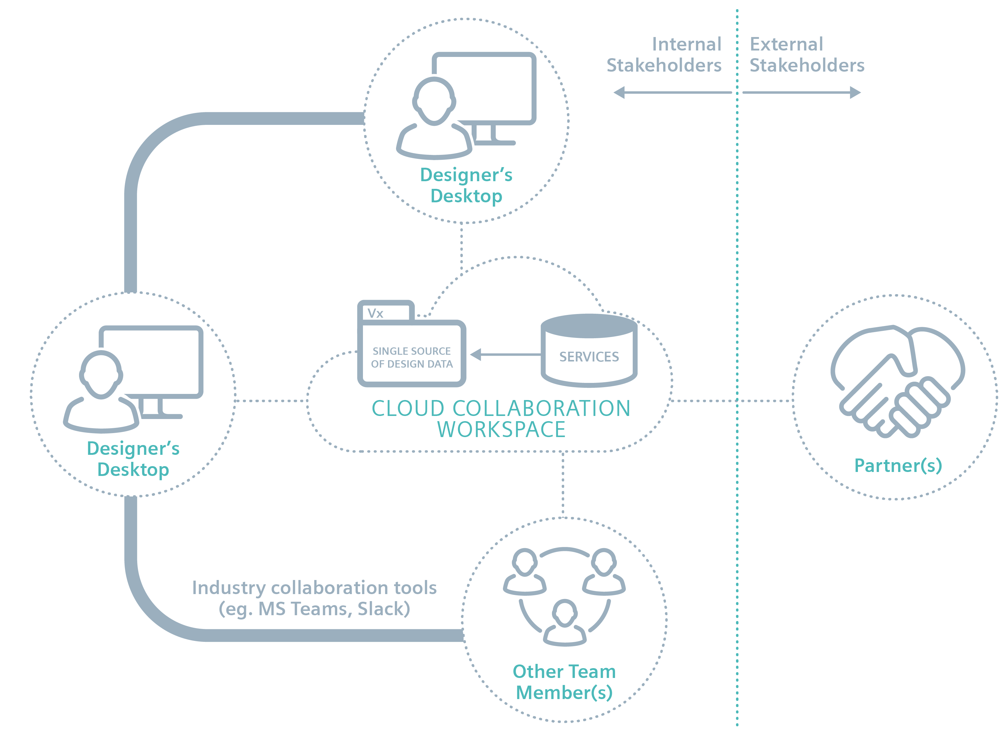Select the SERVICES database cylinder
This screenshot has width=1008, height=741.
(x=588, y=350)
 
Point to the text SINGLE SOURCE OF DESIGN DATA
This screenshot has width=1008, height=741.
(x=412, y=357)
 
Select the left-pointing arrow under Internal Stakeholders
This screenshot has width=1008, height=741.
(x=672, y=92)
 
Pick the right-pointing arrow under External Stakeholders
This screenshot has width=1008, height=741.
(x=802, y=92)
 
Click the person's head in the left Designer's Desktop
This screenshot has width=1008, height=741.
(x=101, y=375)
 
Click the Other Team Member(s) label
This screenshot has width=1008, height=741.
(x=564, y=682)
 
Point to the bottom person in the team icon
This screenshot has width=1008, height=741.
(x=564, y=623)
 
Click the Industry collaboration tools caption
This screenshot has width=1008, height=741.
(x=314, y=598)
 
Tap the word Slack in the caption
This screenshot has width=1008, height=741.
(x=384, y=609)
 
